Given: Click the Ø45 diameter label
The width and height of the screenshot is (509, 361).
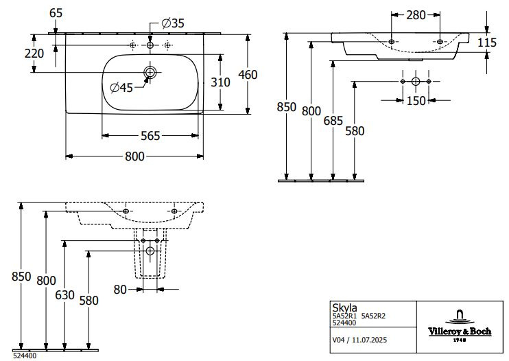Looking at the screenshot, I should (121, 86).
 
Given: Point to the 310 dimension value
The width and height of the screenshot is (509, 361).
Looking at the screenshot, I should (220, 82).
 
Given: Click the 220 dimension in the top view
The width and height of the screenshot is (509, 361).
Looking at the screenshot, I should (34, 54).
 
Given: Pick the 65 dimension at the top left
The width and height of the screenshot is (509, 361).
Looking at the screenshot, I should (56, 13).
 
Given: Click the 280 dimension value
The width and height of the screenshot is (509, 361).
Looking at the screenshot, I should (414, 14).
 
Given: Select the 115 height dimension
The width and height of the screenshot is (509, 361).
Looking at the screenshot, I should (486, 43).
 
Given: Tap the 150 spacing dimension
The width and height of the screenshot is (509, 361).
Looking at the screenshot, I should (415, 101).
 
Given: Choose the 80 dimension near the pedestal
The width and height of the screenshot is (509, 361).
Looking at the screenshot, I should (121, 290).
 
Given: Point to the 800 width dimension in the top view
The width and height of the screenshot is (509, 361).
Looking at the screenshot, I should (135, 156).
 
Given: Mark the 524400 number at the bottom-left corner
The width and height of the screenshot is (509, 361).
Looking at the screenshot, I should (25, 356).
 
